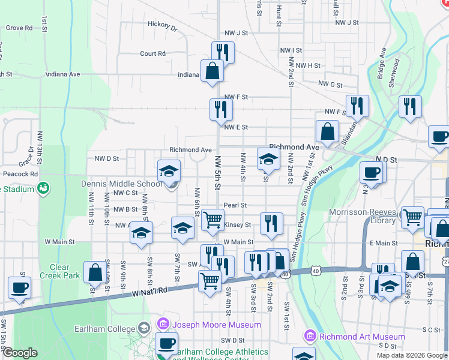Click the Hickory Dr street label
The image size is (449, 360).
(163, 27)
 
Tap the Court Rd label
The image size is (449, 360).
(152, 53)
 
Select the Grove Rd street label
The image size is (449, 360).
(19, 28)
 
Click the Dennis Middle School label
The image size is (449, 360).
(122, 184)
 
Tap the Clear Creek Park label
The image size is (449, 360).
(60, 271)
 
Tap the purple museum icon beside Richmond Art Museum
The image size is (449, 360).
(310, 335)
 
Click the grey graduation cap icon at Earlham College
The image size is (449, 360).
(143, 328)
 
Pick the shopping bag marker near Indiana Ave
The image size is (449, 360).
(212, 71)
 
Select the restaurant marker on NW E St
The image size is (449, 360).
(221, 109)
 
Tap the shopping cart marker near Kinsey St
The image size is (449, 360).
(212, 220)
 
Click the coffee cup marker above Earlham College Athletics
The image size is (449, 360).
(166, 344)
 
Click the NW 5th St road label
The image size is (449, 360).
(218, 175)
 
